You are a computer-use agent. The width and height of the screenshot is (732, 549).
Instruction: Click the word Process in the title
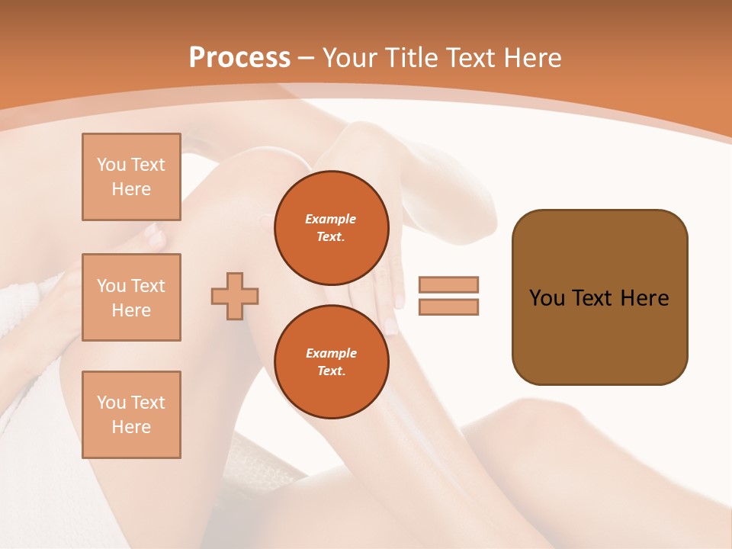(239, 58)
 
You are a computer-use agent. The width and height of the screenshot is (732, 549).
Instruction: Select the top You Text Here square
(131, 177)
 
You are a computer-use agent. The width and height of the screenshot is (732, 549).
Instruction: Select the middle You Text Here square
(131, 297)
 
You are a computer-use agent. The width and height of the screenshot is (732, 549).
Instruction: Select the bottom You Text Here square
(131, 415)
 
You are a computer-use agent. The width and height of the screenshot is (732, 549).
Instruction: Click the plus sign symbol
(235, 296)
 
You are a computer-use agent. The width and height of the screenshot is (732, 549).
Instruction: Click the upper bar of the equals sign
(448, 285)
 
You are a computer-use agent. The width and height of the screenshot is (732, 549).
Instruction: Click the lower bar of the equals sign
(448, 307)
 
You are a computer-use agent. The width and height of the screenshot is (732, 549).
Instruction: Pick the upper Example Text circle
(331, 228)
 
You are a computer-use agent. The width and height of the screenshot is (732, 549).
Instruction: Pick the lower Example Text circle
(331, 362)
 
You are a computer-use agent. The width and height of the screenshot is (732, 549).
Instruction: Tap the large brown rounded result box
(599, 335)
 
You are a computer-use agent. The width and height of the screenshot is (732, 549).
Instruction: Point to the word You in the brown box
(546, 298)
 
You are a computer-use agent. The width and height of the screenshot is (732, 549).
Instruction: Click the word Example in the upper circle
(331, 219)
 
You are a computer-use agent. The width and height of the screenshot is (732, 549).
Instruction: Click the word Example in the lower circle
(331, 353)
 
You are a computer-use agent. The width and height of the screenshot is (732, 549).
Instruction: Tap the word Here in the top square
(131, 189)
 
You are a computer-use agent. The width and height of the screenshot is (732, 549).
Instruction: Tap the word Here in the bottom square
(131, 427)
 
